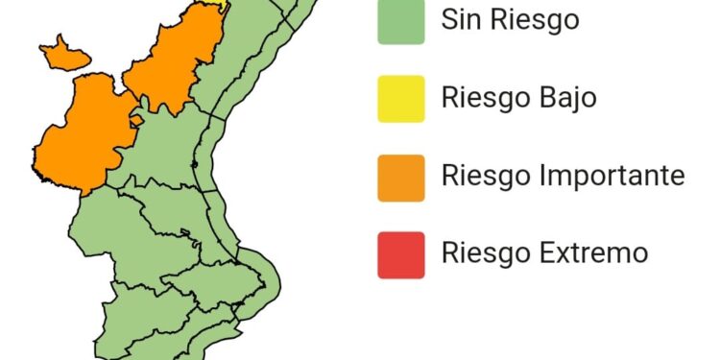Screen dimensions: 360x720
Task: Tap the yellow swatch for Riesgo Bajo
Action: point(401,98)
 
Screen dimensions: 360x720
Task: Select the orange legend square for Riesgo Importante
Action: point(401,178)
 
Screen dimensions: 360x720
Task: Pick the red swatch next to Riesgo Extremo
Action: point(401,254)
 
